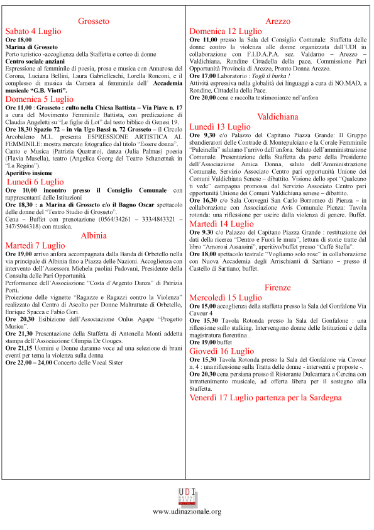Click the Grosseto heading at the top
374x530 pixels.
pyautogui.click(x=94, y=21)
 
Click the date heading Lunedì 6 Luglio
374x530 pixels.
pyautogui.click(x=38, y=181)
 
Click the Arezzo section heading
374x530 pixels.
pyautogui.click(x=278, y=21)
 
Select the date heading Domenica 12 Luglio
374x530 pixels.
pyautogui.click(x=226, y=31)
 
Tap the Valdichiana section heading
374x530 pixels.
pyautogui.click(x=278, y=116)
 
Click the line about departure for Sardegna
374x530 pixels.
pyautogui.click(x=265, y=398)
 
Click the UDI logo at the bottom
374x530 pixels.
pyautogui.click(x=187, y=496)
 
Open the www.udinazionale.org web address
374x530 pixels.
pyautogui.click(x=187, y=512)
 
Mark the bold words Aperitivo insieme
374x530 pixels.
pyautogui.click(x=30, y=172)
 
